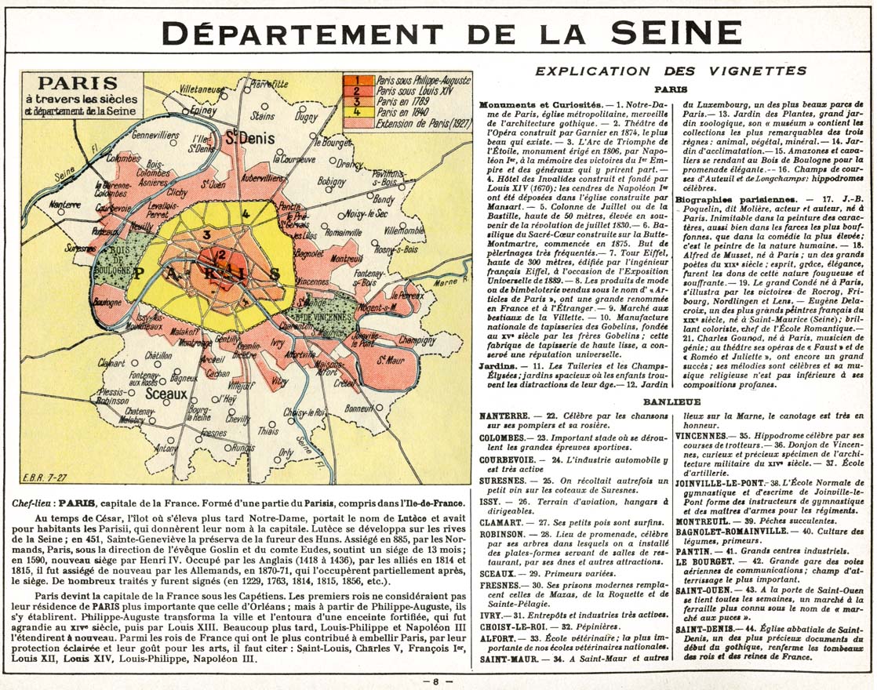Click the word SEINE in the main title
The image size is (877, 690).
click(675, 32)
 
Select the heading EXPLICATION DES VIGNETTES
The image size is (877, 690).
click(670, 71)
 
